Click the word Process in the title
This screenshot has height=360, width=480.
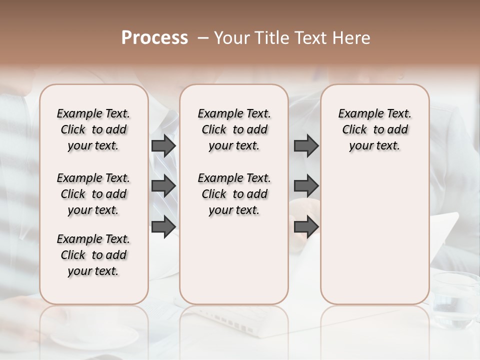tap(154, 38)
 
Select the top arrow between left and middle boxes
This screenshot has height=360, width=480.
tap(163, 145)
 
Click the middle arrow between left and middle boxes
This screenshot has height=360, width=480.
tap(163, 186)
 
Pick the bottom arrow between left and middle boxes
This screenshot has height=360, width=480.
tap(163, 226)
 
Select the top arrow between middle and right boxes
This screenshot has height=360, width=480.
tap(306, 145)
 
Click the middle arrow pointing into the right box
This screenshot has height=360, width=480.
tap(306, 186)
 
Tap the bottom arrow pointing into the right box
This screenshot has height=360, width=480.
tap(306, 226)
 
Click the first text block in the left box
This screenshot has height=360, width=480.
tap(93, 129)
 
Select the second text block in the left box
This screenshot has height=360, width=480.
tap(93, 194)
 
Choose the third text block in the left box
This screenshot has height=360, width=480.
tap(93, 255)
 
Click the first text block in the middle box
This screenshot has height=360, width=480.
tap(234, 129)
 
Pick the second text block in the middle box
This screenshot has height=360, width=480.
tap(234, 194)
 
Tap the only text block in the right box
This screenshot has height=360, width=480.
tap(374, 129)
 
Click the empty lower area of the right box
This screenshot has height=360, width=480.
tap(374, 235)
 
